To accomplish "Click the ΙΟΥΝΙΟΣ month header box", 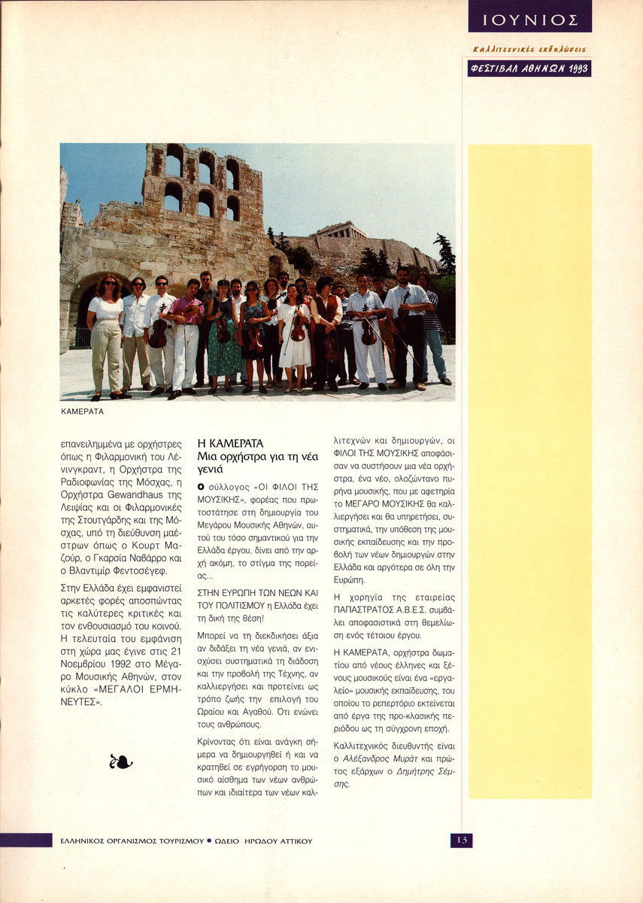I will point(529,17).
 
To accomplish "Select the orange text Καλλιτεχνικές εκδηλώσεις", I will point(529,50).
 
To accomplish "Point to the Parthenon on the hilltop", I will point(341,230).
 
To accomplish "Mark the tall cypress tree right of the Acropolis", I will point(445,254).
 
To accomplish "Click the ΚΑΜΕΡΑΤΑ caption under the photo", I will point(82,412).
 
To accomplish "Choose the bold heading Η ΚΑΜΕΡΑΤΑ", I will point(230,444).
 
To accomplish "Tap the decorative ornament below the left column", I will point(120,762).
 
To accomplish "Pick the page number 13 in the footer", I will point(461,840).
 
